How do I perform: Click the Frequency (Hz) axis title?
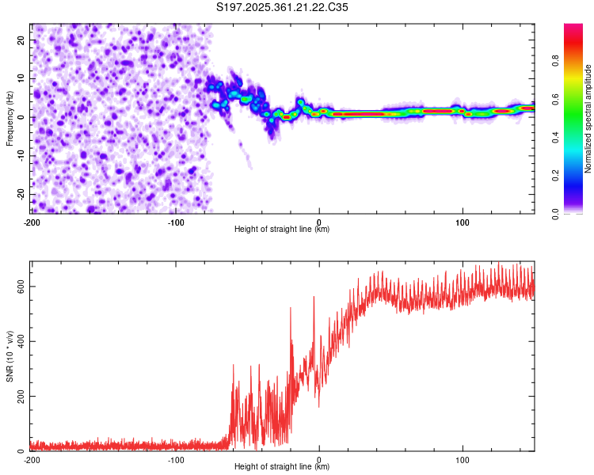tap(10, 119)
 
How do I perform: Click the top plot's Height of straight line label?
tap(282, 229)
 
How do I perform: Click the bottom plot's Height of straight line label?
tap(282, 466)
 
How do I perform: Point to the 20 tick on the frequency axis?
tap(21, 40)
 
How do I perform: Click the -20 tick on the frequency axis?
tap(20, 194)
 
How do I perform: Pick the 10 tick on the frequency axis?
tap(21, 78)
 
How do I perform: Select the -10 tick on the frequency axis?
tap(20, 156)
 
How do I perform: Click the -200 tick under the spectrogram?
tap(32, 222)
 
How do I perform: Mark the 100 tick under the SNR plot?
tap(463, 459)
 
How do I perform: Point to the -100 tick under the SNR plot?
tap(175, 459)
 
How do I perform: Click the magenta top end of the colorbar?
tap(573, 27)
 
